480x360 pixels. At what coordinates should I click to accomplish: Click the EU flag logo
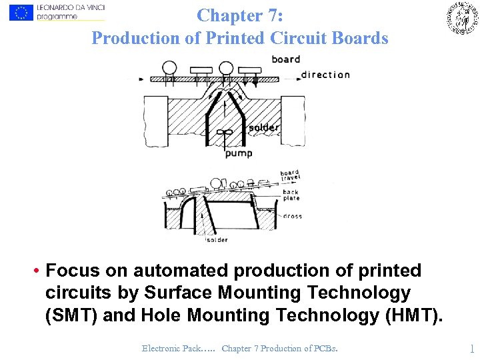click(21, 12)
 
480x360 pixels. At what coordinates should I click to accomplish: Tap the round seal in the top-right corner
click(462, 18)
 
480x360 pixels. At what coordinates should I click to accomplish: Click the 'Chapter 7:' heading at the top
click(240, 15)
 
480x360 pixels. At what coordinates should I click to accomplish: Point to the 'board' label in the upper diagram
click(286, 59)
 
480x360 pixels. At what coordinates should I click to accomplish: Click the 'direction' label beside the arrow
click(325, 75)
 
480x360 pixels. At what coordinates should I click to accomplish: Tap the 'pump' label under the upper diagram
click(238, 154)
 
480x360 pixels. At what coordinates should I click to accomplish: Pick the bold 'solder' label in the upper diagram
click(263, 127)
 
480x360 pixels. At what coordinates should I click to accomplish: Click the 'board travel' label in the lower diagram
click(290, 175)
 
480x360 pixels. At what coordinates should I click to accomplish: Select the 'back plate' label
click(291, 195)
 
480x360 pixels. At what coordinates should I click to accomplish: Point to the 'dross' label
click(293, 216)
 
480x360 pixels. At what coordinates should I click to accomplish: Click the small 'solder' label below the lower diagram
click(217, 240)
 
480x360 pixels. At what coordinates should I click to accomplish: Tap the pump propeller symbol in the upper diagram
click(225, 132)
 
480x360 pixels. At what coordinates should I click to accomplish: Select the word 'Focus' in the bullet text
click(72, 271)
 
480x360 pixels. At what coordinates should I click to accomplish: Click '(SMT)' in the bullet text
click(71, 314)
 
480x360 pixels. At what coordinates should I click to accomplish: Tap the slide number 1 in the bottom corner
click(471, 348)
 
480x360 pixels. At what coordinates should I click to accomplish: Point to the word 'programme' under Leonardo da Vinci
click(57, 17)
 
